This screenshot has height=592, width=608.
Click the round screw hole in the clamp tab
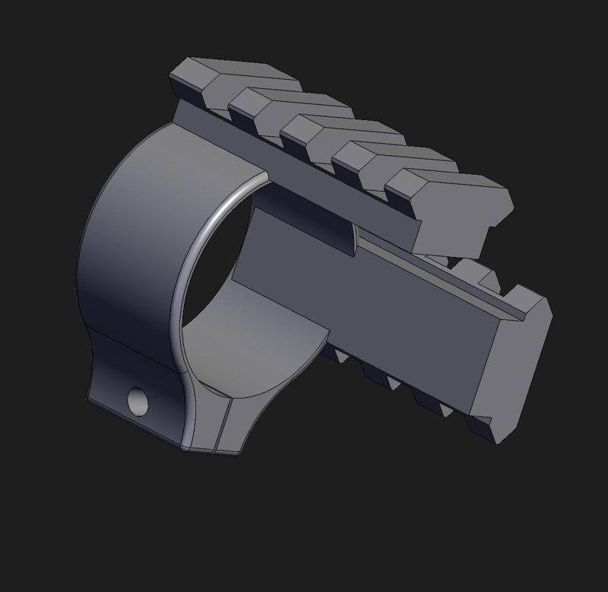pyautogui.click(x=138, y=400)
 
